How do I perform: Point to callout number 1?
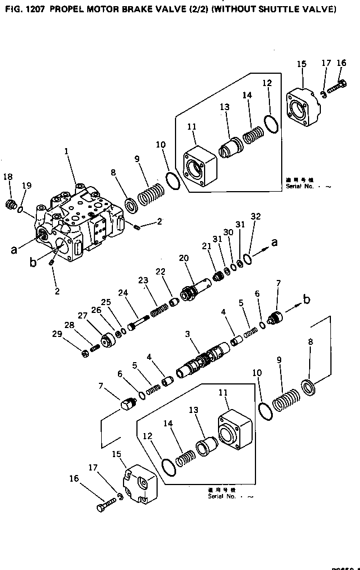(66, 151)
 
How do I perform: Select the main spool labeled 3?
(202, 362)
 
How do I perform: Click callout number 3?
(188, 334)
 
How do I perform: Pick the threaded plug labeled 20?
(193, 291)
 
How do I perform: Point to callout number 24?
(123, 292)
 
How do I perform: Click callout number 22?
(160, 271)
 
